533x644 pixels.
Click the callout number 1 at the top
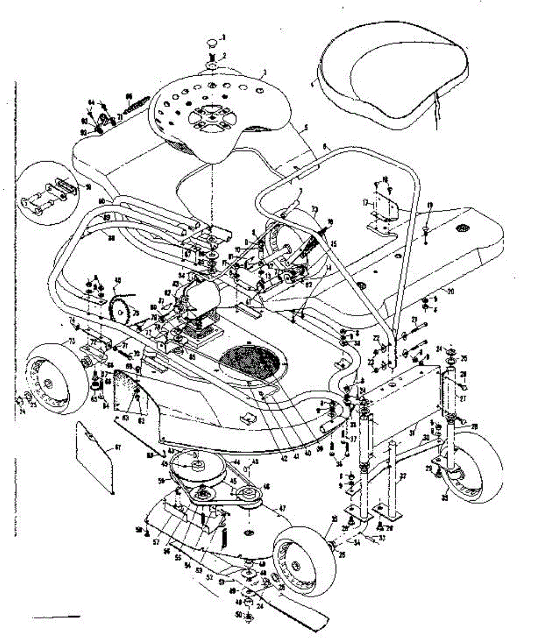225,37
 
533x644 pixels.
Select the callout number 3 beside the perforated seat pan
264,71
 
